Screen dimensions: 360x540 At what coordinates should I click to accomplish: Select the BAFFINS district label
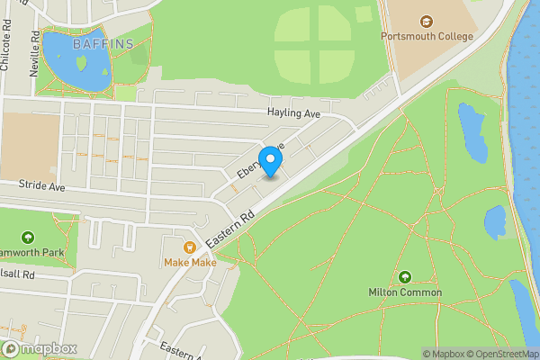click(103, 43)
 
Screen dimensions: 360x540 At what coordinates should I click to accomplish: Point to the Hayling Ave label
click(293, 113)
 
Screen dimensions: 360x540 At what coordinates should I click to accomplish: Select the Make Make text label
click(190, 263)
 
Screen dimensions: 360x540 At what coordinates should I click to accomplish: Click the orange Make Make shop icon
click(190, 247)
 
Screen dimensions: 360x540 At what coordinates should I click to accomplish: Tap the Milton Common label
click(405, 292)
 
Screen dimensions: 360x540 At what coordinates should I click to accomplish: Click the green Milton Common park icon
click(405, 276)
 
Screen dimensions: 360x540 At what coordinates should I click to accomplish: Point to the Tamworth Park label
click(36, 254)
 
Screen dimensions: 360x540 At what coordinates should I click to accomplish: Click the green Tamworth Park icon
click(27, 238)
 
